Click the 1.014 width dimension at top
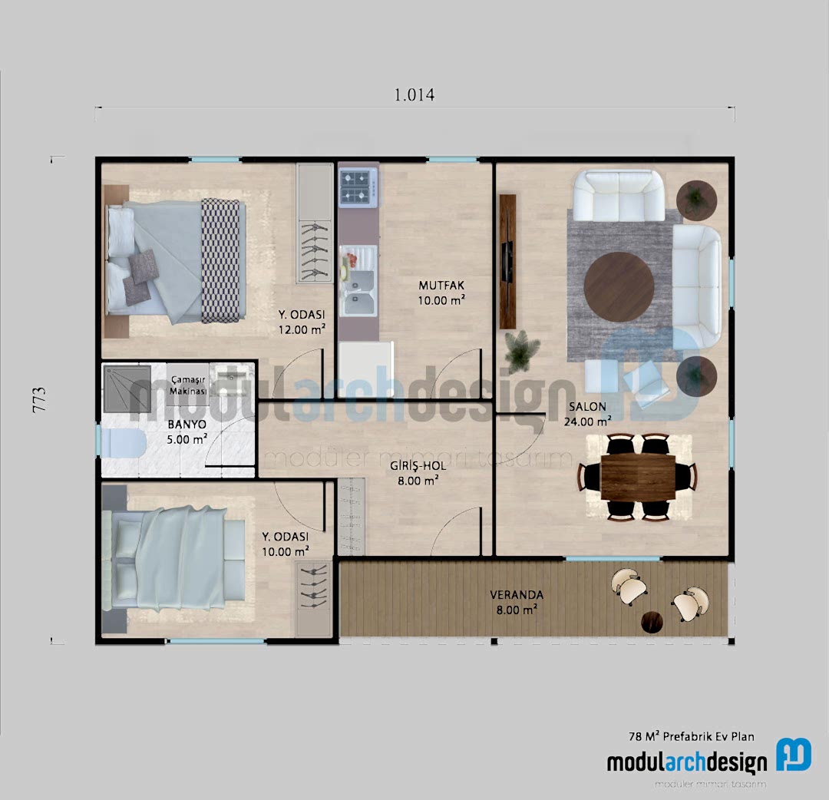coord(414,95)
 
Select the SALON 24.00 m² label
coord(589,413)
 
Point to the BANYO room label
coord(187,431)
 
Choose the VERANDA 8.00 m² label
coord(516,601)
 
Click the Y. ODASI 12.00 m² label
coord(302,322)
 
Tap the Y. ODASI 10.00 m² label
coord(286,543)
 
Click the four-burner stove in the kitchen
coord(358,187)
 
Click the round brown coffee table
coord(619,285)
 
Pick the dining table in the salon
coord(638,477)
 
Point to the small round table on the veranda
coord(652,621)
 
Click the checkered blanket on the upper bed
coord(221,260)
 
